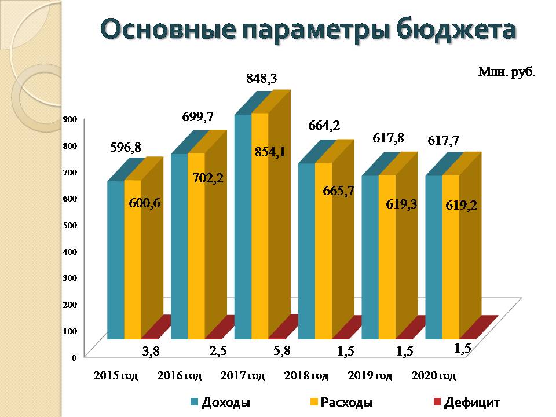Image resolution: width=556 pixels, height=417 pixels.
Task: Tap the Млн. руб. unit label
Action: pyautogui.click(x=506, y=72)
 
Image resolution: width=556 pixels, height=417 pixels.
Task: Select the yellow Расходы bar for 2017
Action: pyautogui.click(x=259, y=243)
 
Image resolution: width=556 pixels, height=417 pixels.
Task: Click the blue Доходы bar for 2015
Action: pyautogui.click(x=116, y=261)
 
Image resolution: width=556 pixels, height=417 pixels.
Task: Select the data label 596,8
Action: pyautogui.click(x=126, y=148)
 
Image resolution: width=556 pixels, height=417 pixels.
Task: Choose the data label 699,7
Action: pyautogui.click(x=198, y=117)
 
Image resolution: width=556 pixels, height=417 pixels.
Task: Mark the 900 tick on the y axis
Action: pyautogui.click(x=69, y=119)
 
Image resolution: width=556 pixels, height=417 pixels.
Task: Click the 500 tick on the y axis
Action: pyautogui.click(x=69, y=225)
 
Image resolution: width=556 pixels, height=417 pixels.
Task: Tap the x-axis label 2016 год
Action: pyautogui.click(x=180, y=376)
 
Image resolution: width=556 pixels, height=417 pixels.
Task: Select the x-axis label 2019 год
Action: pyautogui.click(x=370, y=376)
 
